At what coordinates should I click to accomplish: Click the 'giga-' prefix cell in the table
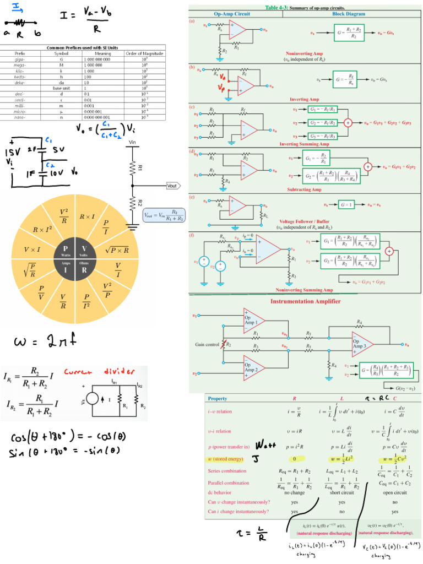point(19,58)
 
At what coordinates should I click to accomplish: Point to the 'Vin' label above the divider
point(132,142)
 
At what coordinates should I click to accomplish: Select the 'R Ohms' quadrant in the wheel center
point(85,270)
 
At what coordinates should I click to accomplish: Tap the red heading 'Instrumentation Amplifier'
point(305,301)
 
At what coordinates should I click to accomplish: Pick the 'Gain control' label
point(207,344)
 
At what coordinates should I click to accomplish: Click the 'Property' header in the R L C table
point(217,398)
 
